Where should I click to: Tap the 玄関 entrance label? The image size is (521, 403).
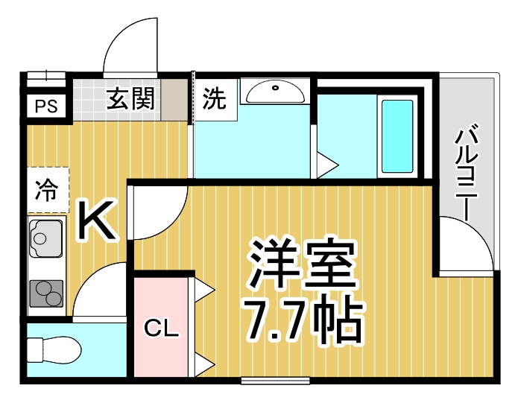[131, 98]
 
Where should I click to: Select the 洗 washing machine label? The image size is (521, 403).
[215, 98]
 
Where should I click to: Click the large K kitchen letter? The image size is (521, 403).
[98, 221]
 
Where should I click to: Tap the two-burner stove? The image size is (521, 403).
[47, 293]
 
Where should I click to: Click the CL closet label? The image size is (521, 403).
[161, 328]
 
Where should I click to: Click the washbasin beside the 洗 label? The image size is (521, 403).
[274, 92]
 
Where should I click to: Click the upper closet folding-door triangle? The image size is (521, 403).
[204, 290]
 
